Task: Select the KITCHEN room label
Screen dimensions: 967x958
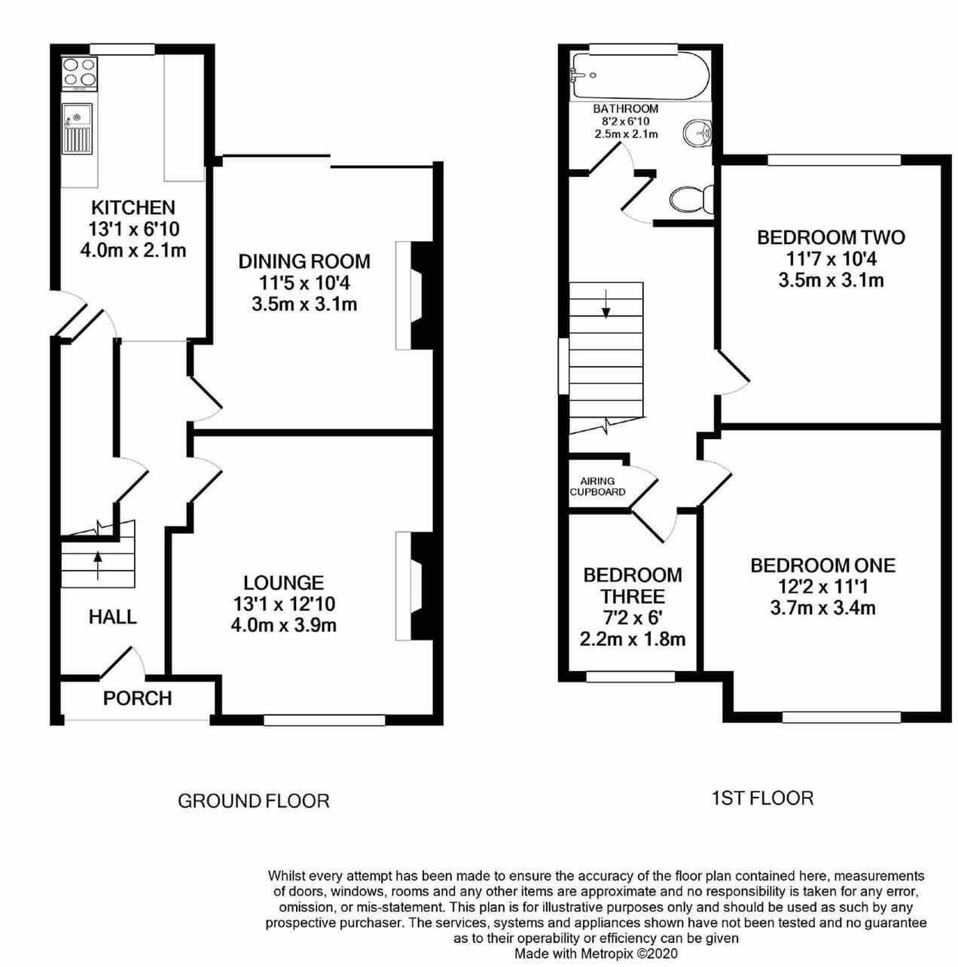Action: tap(133, 207)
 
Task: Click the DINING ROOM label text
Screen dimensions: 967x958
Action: tap(304, 261)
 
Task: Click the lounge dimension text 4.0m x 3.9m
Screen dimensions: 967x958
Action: tap(283, 624)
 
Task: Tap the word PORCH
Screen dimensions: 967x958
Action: tap(138, 698)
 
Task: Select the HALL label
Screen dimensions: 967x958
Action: tap(113, 618)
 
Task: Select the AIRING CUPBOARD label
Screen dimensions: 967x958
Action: tap(597, 487)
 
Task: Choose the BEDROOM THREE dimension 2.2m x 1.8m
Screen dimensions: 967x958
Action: tap(633, 639)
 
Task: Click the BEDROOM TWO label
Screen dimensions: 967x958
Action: tap(831, 238)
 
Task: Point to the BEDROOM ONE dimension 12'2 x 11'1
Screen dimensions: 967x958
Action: tap(822, 586)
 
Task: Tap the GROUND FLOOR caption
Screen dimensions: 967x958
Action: tap(253, 801)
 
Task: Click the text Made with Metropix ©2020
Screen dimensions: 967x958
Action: tap(596, 953)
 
